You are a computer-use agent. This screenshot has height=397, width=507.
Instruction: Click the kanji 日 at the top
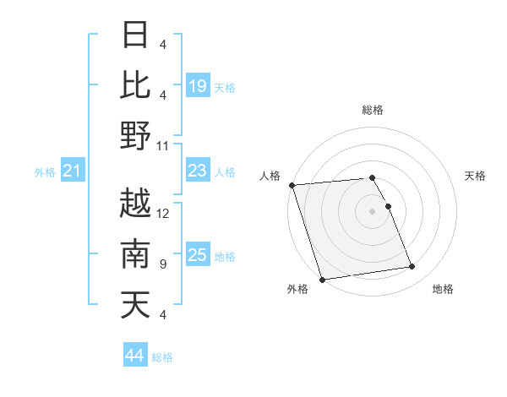136,35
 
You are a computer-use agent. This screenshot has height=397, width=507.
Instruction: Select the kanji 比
136,84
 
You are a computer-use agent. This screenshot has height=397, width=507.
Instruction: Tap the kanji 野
136,135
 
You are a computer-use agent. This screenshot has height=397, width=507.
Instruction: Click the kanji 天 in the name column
136,305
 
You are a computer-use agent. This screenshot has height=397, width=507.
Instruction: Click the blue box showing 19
198,85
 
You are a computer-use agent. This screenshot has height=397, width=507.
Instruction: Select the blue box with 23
198,171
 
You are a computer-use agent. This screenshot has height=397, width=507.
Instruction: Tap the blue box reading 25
198,256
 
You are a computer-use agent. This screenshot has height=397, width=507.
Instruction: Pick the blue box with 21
73,172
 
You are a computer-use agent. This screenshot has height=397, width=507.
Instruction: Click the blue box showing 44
135,356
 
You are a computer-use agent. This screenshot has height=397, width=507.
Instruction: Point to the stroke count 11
163,145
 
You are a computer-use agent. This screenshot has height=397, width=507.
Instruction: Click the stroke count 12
163,213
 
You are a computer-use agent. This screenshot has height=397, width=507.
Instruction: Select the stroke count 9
163,264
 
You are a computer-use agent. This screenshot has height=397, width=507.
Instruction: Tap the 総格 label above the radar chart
372,110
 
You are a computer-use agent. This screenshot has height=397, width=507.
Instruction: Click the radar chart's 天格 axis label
475,176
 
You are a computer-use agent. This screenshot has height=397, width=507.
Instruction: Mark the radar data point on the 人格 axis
292,185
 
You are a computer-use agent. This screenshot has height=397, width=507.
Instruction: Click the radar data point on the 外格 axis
322,279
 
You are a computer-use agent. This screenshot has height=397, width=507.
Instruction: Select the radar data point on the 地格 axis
412,267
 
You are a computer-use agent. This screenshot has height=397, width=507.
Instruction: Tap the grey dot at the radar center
372,211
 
